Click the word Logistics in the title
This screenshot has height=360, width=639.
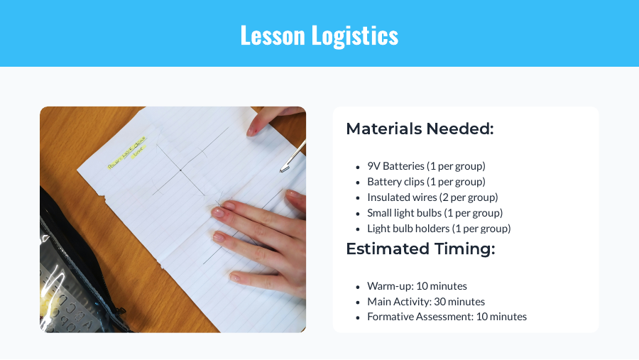point(357,36)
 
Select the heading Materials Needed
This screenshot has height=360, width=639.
point(419,129)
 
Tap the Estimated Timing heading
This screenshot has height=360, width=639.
point(420,249)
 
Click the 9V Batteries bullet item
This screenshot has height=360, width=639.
point(426,166)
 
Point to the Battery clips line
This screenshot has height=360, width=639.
point(426,182)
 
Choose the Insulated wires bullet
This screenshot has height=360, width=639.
point(432,197)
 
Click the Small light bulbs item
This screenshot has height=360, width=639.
point(435,213)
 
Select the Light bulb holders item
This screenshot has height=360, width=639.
point(439,229)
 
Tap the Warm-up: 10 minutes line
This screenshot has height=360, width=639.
point(417,286)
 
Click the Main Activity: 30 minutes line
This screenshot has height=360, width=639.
point(426,302)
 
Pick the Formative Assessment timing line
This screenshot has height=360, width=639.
point(447,317)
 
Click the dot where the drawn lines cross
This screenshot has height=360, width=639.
point(181,170)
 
